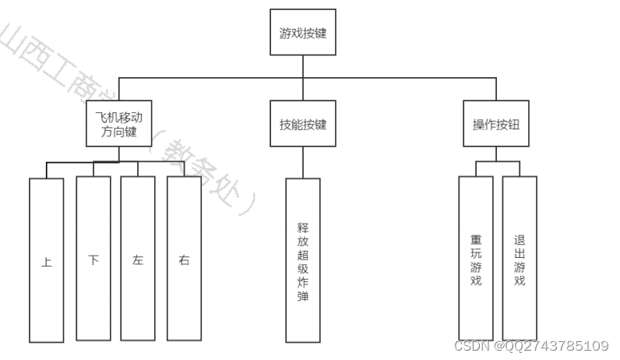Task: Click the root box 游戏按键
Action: point(303,33)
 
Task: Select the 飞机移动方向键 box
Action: point(119,125)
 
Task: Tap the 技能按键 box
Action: point(303,125)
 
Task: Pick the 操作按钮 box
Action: point(495,125)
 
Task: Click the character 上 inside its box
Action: point(47,263)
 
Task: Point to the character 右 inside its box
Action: point(184,261)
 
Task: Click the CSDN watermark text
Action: point(470,346)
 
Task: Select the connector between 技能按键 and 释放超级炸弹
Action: point(303,163)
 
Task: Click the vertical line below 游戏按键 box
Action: point(303,67)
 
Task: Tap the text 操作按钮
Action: point(495,125)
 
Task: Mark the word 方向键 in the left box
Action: point(119,132)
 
